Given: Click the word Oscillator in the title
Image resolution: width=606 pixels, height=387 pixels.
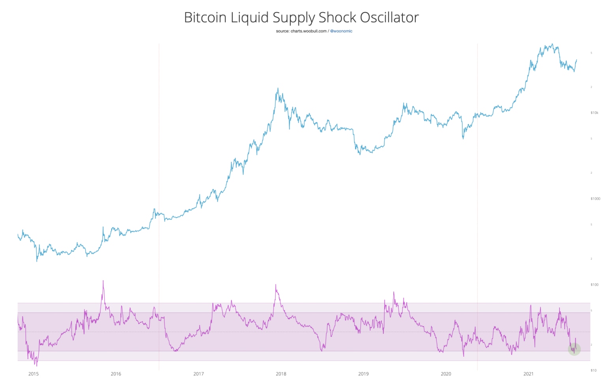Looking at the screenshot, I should pos(389,17).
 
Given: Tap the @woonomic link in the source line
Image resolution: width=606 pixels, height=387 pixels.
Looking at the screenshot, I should pos(341,31).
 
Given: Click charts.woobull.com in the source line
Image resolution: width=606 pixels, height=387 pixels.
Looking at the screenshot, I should pos(309,31).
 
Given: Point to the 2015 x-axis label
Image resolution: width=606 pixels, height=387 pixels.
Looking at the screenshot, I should pos(34,374).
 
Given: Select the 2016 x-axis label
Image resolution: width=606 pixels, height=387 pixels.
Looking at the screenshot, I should pos(116,374).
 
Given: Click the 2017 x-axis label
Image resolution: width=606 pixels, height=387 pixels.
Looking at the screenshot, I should pos(198,374).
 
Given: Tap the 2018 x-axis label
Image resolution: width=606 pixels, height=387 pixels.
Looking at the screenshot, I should pos(281,374).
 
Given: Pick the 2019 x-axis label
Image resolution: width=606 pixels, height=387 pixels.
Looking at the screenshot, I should pos(363,374).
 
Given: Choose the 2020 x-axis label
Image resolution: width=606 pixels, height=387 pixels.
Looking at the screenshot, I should pos(446,374).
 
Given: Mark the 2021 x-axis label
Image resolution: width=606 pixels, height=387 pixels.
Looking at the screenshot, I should pos(528,374).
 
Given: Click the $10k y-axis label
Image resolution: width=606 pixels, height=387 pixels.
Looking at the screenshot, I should pos(594,113).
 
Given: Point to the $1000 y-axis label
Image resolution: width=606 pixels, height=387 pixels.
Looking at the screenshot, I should pos(595,199).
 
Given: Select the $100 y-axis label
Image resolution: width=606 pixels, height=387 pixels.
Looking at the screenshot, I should pos(594,285).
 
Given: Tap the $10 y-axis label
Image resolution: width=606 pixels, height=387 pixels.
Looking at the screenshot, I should pos(593,370).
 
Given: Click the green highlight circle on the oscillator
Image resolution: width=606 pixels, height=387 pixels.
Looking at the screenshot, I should pos(574,349).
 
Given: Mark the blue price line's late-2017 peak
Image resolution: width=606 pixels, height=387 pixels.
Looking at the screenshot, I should pos(278,88).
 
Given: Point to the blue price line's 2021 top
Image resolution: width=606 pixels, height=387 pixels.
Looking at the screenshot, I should pos(552,44).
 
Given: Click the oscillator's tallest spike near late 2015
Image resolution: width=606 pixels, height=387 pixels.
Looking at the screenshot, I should pos(103,281).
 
